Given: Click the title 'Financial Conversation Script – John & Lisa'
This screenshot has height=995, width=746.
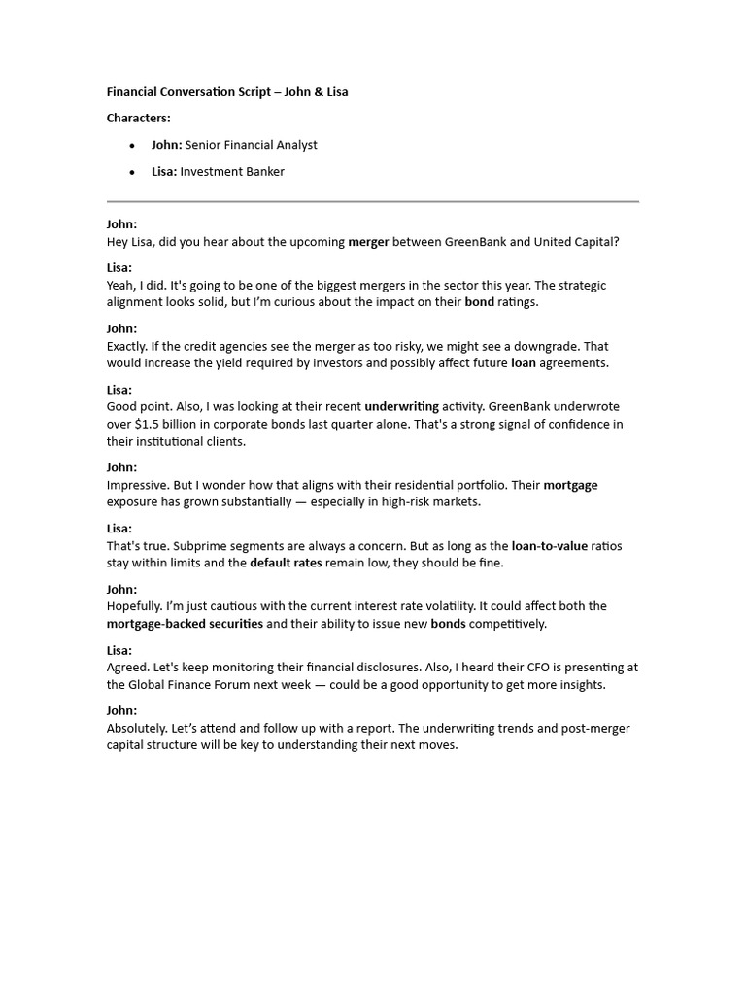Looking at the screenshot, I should pos(227,92).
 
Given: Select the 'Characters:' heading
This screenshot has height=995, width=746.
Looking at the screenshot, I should pos(138,118).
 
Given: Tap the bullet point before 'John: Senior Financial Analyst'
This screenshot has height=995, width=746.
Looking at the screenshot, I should pos(132,146).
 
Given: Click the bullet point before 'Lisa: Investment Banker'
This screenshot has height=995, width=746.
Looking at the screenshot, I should pos(132,173).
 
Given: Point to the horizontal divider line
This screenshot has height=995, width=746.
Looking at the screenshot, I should pos(372,201).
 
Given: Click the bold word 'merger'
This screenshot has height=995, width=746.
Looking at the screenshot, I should pos(368,242).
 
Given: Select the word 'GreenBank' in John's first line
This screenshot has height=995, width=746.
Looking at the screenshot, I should pos(476,242).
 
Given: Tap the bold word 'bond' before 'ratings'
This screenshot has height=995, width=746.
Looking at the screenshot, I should pos(480,302).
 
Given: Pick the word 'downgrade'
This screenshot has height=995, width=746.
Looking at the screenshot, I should pos(565,346).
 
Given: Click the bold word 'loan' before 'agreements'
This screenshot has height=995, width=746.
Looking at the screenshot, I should pos(524,363).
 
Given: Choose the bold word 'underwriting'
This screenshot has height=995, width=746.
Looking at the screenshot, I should pos(401,406).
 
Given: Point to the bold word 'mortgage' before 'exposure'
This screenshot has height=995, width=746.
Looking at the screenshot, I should pos(570,485).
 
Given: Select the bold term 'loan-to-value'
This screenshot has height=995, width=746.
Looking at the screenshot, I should pos(549,546).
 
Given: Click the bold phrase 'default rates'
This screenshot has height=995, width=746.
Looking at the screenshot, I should pos(286,564).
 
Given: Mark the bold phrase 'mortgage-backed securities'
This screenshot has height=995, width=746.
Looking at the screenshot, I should pos(185,624).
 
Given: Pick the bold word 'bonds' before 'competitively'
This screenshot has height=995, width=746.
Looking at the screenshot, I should pos(448,624).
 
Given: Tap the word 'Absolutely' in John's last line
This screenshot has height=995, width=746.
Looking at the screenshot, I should pos(136,729).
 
